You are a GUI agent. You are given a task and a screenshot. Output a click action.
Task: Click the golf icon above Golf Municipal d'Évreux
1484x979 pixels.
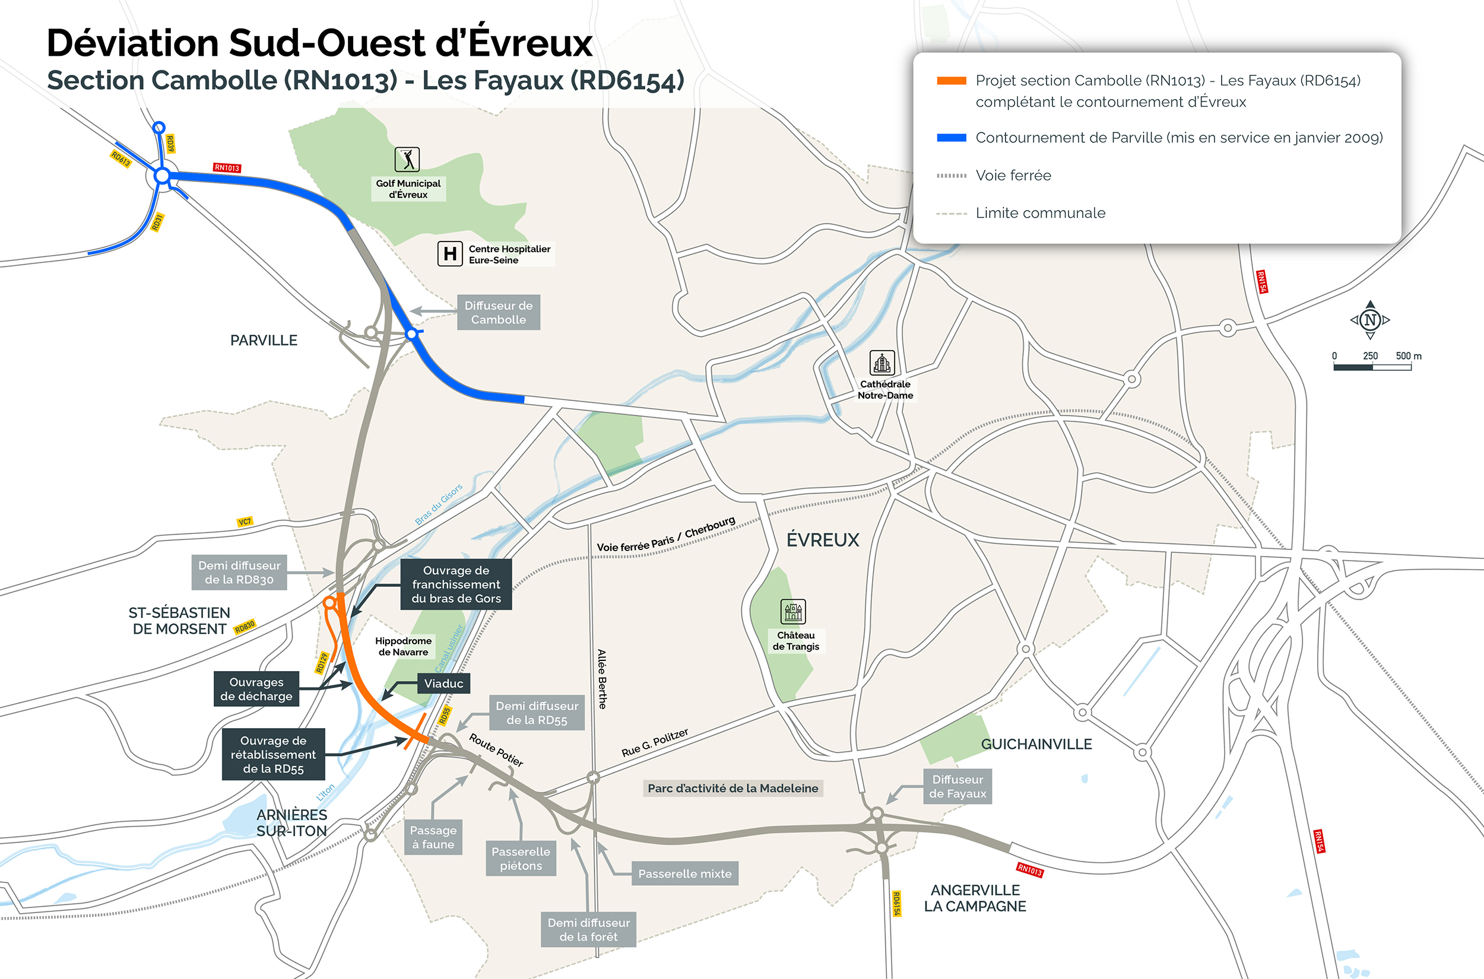click(407, 160)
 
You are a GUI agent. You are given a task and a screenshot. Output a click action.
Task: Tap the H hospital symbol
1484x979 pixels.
click(450, 253)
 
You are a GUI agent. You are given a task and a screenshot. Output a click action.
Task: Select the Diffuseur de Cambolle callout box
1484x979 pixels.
click(499, 312)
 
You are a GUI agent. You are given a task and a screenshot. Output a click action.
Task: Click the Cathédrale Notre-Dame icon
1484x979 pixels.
click(882, 363)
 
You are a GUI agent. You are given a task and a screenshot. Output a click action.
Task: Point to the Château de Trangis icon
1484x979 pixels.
click(793, 612)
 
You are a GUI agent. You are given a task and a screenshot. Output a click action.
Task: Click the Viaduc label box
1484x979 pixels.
click(443, 683)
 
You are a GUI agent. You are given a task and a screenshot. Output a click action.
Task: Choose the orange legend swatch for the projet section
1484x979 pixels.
click(951, 81)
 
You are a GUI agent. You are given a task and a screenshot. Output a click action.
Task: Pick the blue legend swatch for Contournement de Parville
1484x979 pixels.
click(951, 138)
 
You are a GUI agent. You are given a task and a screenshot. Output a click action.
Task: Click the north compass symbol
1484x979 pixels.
click(1371, 320)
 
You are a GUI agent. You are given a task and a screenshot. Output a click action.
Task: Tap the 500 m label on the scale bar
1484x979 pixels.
click(1409, 356)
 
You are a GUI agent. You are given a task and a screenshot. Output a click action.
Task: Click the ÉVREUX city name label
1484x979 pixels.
click(823, 540)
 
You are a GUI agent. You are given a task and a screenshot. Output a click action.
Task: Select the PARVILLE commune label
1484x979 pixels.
click(264, 341)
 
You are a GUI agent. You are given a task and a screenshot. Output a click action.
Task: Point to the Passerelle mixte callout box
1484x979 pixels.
click(684, 873)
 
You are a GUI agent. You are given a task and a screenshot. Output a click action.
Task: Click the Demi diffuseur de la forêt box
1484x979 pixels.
click(588, 930)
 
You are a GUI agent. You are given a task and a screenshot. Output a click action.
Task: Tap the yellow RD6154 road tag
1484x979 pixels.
click(896, 904)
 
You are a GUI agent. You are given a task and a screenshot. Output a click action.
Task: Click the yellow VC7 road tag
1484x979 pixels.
click(245, 522)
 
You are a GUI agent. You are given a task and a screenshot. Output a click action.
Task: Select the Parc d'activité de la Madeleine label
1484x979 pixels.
click(733, 788)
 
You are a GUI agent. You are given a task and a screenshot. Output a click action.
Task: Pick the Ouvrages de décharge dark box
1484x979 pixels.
click(256, 689)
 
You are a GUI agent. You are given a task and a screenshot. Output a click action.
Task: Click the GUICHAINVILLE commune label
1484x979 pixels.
click(1036, 744)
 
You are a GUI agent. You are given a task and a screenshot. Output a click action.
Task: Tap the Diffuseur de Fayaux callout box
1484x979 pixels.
click(957, 787)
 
